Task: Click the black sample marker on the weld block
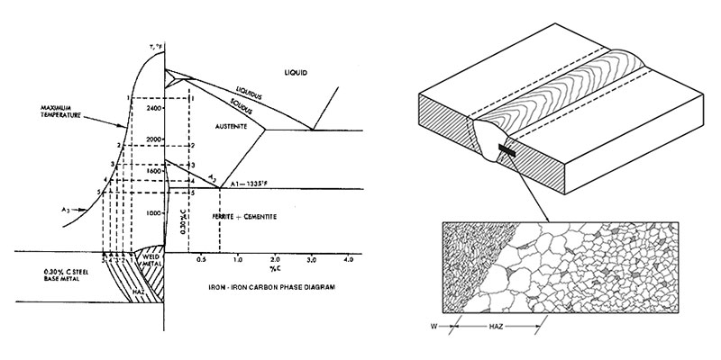[x=510, y=154]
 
